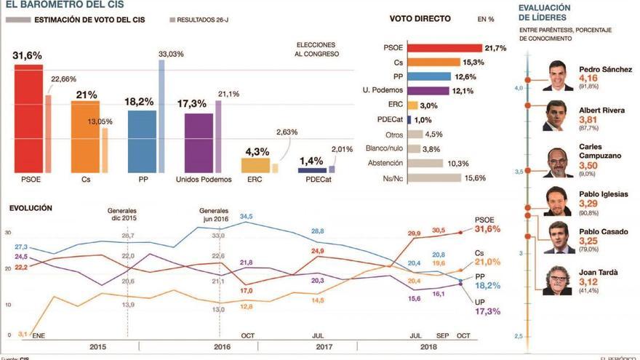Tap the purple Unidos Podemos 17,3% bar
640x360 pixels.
(x=199, y=143)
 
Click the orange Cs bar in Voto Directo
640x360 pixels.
(x=433, y=63)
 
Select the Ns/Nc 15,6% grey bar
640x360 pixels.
(x=434, y=177)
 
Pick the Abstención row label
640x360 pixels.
(x=386, y=163)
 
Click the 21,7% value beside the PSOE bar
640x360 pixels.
(x=498, y=48)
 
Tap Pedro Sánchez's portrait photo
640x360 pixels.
(x=557, y=76)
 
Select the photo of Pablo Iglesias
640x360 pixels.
(x=557, y=201)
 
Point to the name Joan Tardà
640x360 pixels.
(x=599, y=272)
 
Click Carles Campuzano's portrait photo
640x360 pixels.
(x=557, y=161)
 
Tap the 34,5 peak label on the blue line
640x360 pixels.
(x=247, y=216)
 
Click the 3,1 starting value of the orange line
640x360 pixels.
(x=23, y=334)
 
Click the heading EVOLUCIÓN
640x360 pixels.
(x=31, y=207)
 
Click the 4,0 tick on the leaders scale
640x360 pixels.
(x=519, y=88)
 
